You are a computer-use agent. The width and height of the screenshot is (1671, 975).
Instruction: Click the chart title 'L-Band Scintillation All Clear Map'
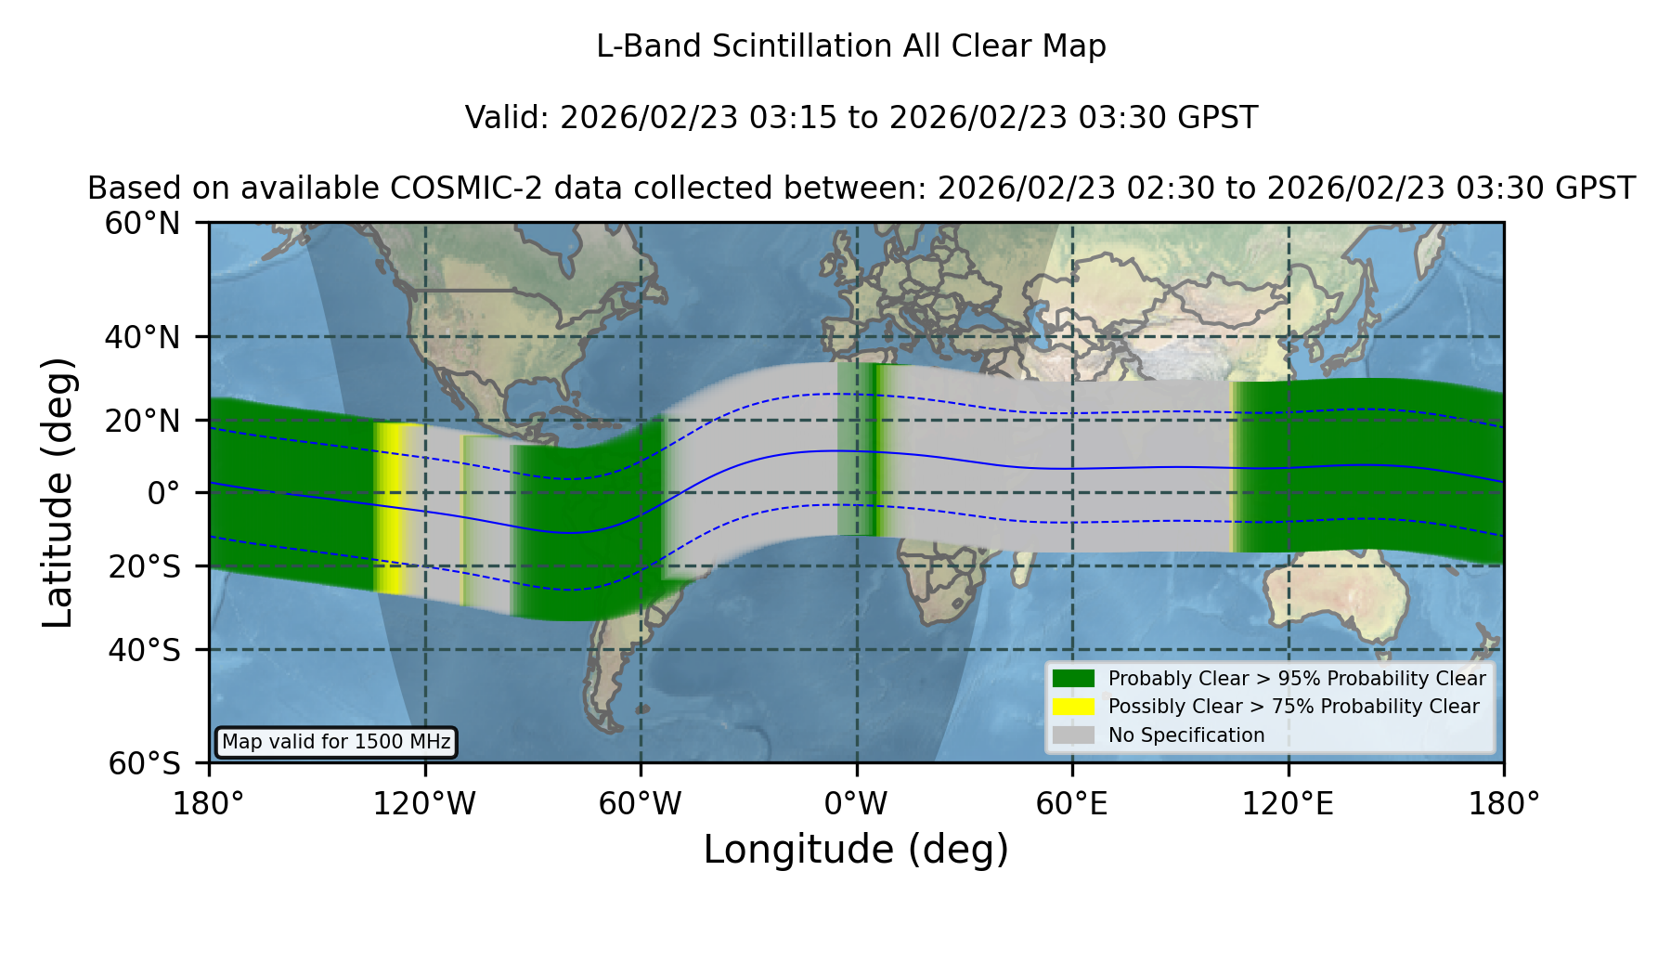(850, 46)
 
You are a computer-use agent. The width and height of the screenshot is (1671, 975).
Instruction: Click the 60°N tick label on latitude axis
(142, 223)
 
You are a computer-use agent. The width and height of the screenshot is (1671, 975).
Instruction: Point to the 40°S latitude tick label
(144, 650)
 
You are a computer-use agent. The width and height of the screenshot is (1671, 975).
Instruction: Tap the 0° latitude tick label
(163, 493)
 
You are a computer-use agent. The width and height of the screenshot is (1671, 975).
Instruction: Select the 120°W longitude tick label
(424, 803)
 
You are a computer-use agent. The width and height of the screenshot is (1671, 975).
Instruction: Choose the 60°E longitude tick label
(1072, 803)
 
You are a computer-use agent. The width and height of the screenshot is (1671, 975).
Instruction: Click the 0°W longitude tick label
(857, 803)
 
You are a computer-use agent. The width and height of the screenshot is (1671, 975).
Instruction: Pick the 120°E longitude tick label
(1288, 803)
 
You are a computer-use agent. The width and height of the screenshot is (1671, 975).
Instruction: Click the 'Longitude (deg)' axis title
(856, 850)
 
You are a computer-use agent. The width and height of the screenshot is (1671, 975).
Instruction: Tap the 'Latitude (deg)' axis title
(58, 492)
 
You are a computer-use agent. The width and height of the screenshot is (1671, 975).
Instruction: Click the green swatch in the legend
(1073, 678)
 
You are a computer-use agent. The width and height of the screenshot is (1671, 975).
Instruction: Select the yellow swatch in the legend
(1073, 707)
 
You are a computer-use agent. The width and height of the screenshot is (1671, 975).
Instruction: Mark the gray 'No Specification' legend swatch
(1073, 735)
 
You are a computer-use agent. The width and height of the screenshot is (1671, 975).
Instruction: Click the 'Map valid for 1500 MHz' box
(336, 742)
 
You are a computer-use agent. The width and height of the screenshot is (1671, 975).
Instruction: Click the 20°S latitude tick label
(144, 566)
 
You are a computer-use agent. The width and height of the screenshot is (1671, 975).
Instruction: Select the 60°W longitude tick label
(641, 803)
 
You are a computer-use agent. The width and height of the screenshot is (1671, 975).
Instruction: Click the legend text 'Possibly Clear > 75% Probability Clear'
(1293, 707)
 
